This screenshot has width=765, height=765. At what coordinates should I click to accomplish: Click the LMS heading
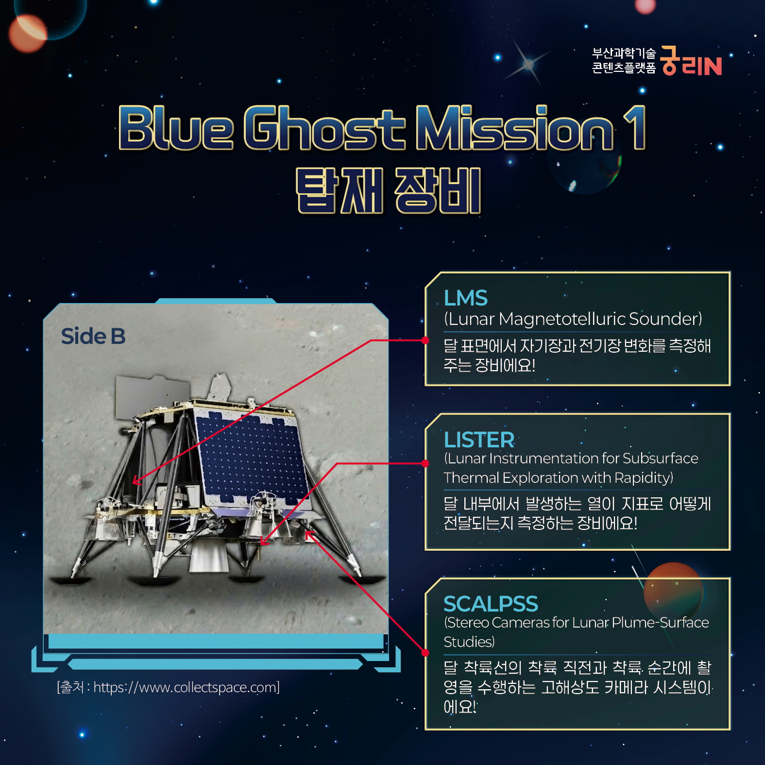[x=465, y=298]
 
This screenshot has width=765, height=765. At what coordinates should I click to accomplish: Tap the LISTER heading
[x=479, y=440]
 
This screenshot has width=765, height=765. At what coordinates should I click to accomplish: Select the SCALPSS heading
[x=491, y=604]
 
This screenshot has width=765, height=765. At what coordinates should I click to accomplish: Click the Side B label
[x=93, y=336]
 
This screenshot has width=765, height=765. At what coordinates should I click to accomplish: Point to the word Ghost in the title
[x=324, y=127]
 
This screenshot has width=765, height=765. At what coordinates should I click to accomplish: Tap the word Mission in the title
[x=515, y=127]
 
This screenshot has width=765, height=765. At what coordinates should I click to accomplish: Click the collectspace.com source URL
[x=186, y=687]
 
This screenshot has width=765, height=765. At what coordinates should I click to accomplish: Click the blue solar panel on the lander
[x=253, y=455]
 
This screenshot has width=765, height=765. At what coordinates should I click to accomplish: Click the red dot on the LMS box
[x=425, y=340]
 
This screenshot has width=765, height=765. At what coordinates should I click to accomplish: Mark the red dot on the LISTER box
[x=425, y=463]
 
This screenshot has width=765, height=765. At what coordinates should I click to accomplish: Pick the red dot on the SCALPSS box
[x=425, y=652]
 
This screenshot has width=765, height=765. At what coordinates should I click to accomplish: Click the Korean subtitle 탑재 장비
[x=389, y=190]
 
